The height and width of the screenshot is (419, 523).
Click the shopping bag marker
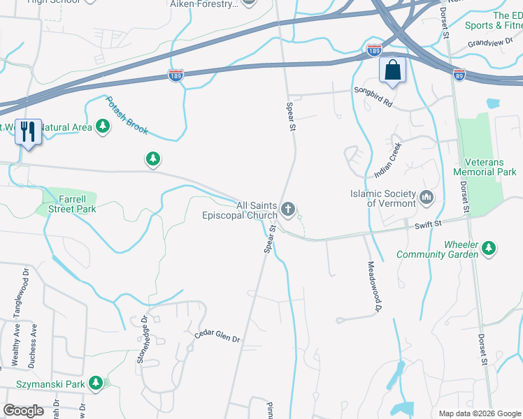point(392,71)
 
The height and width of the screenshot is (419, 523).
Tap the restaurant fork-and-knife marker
point(28,131)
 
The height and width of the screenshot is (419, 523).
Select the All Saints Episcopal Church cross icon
point(287,208)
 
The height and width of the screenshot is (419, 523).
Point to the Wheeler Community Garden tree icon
point(489,247)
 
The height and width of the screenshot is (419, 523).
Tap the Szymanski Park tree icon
point(96,383)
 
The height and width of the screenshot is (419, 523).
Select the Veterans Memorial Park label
point(485,167)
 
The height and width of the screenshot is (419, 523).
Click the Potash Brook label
point(127,115)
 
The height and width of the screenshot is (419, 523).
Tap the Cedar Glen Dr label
point(217,338)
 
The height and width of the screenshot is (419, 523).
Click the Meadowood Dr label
point(374,286)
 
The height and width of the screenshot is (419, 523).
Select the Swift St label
point(429,223)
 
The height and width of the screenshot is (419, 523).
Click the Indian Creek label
point(388,160)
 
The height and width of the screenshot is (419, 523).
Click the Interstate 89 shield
point(459,74)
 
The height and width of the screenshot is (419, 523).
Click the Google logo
point(23,410)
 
